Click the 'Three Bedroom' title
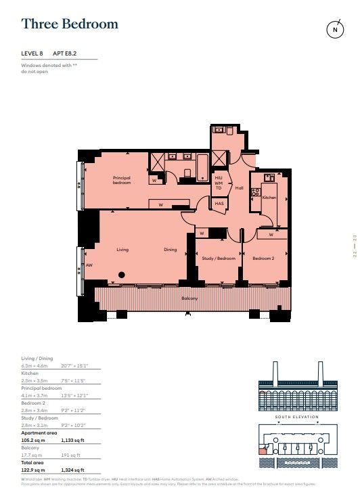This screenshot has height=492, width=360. point(70,24)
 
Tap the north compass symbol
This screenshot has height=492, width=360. point(334,30)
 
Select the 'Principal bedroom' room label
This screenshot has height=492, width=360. point(122,181)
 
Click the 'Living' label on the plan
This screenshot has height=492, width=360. point(122,249)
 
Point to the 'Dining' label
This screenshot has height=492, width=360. point(171,249)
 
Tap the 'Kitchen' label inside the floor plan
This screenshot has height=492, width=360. point(269,197)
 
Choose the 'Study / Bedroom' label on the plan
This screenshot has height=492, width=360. point(218,259)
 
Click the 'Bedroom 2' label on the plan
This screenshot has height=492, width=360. point(263,259)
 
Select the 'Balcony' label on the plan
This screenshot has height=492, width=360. point(189,298)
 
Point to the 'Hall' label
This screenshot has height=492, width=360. point(239,189)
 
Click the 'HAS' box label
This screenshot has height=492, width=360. point(219,203)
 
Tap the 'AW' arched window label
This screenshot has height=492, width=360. point(89,265)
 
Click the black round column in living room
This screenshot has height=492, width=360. point(122,275)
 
